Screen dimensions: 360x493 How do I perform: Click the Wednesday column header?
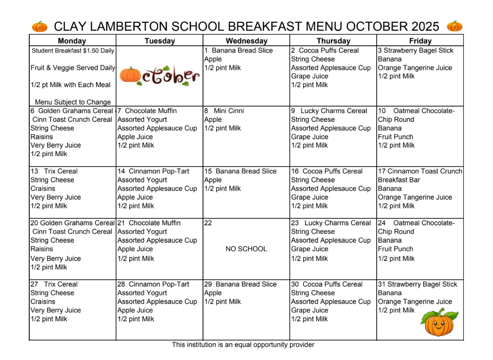[x=246, y=41]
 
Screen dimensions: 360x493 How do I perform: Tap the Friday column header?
[x=420, y=41]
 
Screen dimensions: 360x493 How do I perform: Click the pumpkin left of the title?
[x=40, y=26]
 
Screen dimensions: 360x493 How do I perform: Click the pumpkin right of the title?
[x=454, y=26]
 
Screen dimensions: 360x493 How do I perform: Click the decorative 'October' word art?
[x=160, y=75]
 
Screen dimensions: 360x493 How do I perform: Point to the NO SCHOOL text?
[x=246, y=249]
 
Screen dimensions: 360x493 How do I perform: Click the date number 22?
[x=208, y=223]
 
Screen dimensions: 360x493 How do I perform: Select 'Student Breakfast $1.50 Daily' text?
[x=73, y=51]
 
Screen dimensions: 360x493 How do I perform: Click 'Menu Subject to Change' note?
[x=73, y=102]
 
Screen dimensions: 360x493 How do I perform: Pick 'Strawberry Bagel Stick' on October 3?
[x=419, y=51]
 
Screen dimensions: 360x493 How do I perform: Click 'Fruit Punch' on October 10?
[x=395, y=137]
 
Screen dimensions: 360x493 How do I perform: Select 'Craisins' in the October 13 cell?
[x=43, y=189]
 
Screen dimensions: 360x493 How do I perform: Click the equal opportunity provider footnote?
[x=243, y=345]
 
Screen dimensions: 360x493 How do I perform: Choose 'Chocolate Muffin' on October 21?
[x=155, y=223]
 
